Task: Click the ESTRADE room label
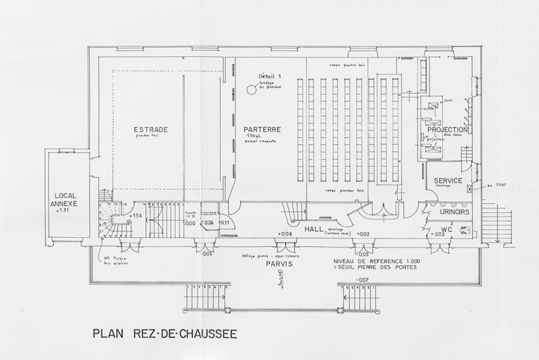pos(150,130)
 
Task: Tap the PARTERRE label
pos(262,129)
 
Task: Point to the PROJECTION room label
pos(447,130)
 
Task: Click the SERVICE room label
pos(448,181)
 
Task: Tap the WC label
pos(446,229)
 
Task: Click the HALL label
pos(313,229)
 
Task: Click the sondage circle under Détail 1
pos(251,89)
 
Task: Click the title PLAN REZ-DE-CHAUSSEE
pos(164,333)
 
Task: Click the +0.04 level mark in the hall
pos(285,234)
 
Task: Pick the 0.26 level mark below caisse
pos(207,224)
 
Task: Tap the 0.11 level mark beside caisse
pos(225,224)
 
